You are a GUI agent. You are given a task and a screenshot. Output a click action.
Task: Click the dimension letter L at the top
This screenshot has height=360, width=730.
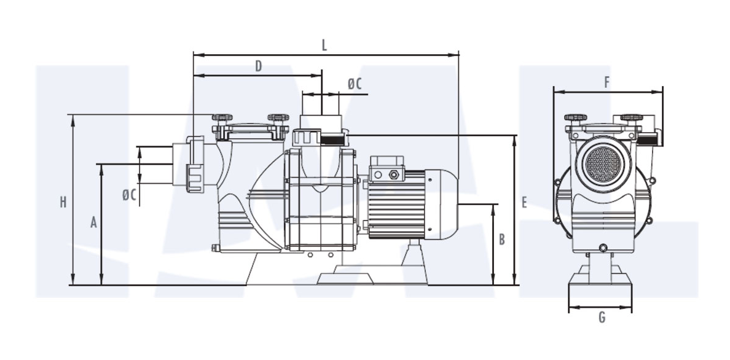pyautogui.click(x=324, y=45)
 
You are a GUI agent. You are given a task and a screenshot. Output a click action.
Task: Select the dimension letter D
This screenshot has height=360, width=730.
pyautogui.click(x=259, y=66)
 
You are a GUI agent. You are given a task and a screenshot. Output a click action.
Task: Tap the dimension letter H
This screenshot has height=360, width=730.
pyautogui.click(x=63, y=202)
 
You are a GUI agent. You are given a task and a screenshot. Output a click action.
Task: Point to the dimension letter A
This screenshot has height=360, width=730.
pyautogui.click(x=93, y=222)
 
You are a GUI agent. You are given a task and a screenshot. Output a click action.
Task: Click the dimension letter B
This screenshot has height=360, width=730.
pyautogui.click(x=502, y=240)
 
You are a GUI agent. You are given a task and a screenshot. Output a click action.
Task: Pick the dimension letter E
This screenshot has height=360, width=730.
pyautogui.click(x=524, y=202)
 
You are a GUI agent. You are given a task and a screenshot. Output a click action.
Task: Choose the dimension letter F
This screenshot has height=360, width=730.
pyautogui.click(x=606, y=82)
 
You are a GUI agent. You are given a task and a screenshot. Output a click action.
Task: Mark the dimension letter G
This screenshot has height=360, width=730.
pyautogui.click(x=602, y=318)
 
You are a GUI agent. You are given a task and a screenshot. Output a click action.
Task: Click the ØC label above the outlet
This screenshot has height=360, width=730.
pyautogui.click(x=355, y=84)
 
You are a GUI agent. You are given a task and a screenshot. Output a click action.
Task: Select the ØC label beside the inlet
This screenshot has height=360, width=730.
pyautogui.click(x=130, y=195)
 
